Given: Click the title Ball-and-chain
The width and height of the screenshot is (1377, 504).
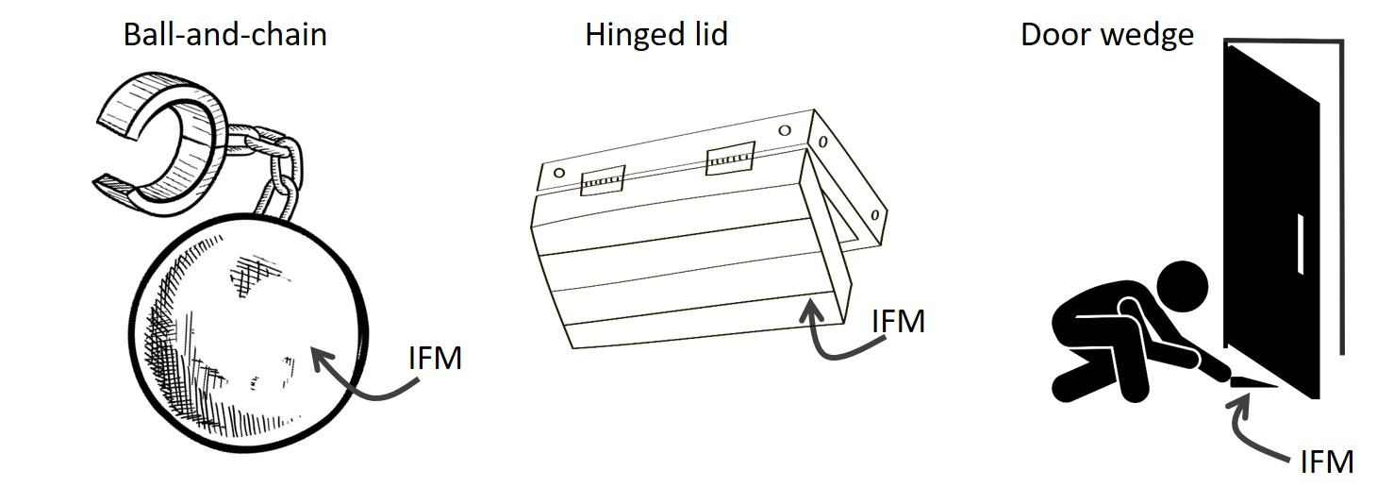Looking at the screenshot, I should point(224,36).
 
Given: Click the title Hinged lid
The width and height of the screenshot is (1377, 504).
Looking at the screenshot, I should point(656,36).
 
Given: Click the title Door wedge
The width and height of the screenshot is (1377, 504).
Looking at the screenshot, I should point(1106,36).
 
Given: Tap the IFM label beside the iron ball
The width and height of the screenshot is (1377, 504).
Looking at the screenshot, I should point(435,359).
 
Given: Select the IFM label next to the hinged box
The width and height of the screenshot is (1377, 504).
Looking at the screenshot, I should point(897,321).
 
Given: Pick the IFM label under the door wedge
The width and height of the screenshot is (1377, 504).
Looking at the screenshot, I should point(1326,462).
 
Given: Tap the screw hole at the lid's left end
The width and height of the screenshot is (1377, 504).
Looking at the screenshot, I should point(559,173).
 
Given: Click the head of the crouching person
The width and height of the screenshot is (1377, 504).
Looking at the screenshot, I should point(1181,287).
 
